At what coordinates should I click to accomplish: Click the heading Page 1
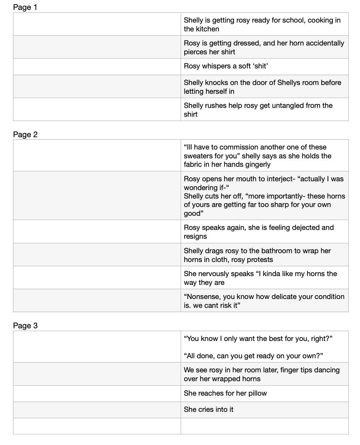click(x=25, y=7)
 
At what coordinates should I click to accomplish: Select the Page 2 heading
click(x=25, y=134)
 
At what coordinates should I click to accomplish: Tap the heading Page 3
click(x=25, y=325)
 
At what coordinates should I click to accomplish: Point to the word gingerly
click(x=257, y=164)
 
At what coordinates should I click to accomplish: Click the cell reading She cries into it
click(x=208, y=409)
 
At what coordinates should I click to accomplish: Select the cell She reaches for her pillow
click(x=225, y=393)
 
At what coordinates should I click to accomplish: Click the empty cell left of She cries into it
click(x=97, y=410)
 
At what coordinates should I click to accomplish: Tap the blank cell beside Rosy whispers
click(x=97, y=66)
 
